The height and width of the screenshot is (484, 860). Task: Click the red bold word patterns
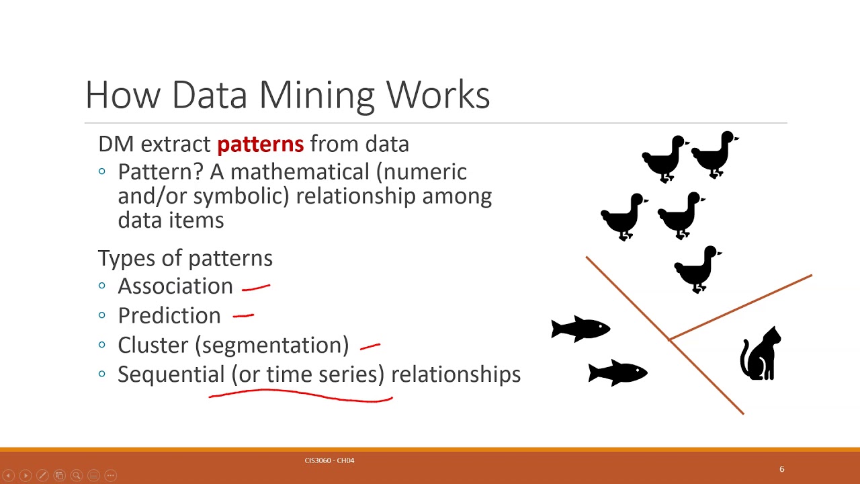[260, 144]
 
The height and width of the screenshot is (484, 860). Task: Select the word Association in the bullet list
[175, 286]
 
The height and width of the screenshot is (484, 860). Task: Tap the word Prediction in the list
[169, 316]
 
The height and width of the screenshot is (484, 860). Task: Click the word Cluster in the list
[154, 345]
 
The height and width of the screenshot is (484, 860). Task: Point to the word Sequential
[171, 374]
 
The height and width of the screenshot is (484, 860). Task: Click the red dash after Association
[256, 288]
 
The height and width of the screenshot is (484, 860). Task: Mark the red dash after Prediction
[243, 315]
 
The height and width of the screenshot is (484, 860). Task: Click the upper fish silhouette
[580, 329]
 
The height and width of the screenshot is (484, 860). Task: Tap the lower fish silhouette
[617, 372]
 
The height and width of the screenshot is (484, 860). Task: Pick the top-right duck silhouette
[714, 154]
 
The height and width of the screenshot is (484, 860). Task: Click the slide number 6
[781, 469]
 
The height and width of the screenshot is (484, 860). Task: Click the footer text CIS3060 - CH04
[329, 460]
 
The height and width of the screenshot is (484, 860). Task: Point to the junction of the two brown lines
[669, 340]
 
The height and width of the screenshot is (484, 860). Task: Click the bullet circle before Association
[102, 286]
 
